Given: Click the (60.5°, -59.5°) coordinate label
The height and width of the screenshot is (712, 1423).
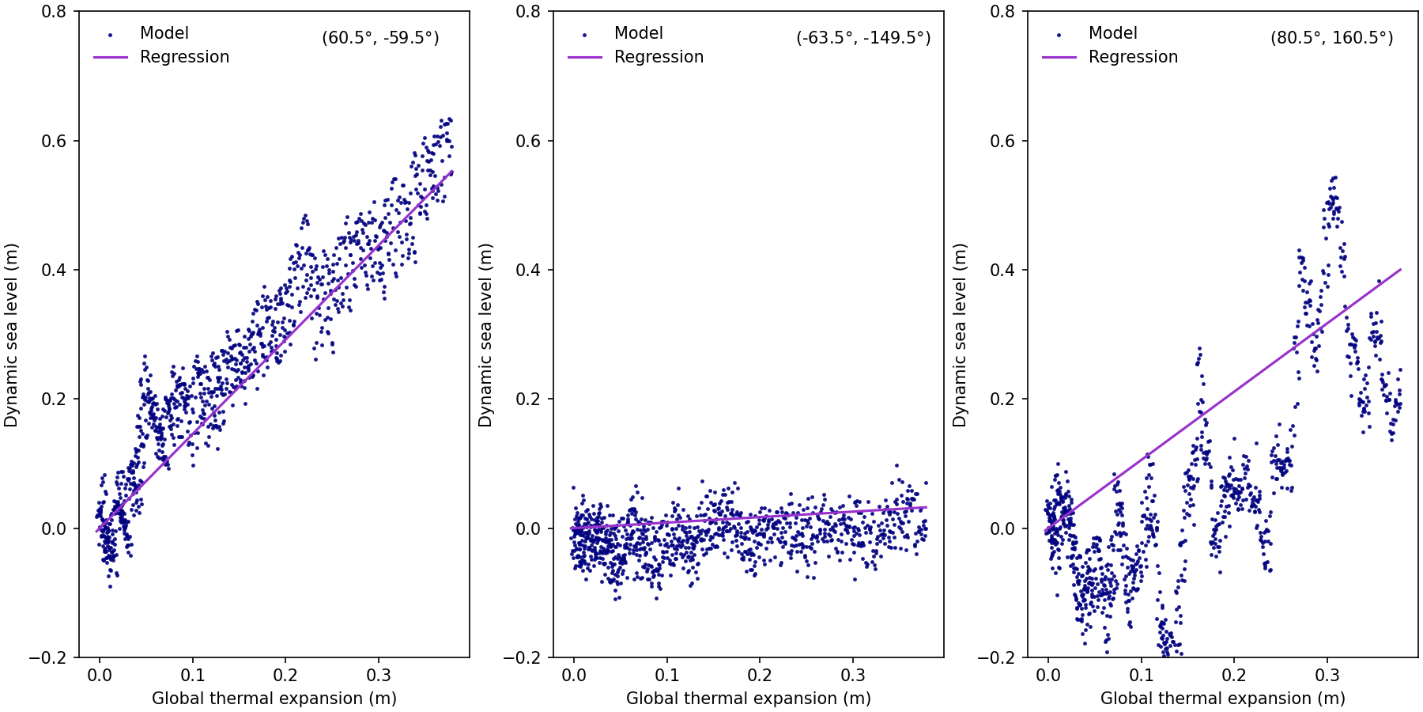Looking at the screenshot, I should point(380,38).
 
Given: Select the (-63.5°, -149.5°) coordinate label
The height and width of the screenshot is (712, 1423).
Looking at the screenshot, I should point(863,38).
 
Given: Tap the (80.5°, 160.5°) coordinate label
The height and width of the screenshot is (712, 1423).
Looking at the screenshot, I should point(1331,38).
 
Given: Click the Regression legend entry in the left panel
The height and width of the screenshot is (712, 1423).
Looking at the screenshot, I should point(184,57).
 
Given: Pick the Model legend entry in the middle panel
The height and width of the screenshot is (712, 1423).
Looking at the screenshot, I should point(638,33).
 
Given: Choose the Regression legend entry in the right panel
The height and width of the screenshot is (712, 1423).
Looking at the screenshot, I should point(1133,57).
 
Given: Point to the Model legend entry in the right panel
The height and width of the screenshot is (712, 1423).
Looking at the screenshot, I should point(1112,33).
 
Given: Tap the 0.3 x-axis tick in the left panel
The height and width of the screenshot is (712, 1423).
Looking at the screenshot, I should point(379,676).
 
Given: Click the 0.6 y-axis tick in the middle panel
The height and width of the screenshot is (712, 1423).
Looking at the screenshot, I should point(528,141).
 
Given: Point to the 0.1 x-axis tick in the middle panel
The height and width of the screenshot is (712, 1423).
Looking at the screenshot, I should point(666,676).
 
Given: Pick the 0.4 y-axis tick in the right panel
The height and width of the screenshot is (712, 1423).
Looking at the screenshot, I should point(1002,270).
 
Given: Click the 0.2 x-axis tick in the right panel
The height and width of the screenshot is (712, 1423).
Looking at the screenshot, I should point(1234,676).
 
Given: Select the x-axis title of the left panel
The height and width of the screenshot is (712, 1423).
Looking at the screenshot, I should point(274,699).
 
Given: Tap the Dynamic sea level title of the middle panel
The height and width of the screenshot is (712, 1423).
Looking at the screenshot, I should point(485,335).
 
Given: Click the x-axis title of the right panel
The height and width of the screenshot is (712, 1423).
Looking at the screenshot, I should point(1223,699).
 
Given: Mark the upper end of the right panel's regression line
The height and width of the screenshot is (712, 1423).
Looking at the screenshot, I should point(1401,270).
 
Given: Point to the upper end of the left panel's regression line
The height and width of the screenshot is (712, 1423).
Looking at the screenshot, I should point(452,170).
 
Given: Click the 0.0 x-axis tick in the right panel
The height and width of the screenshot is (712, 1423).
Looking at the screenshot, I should point(1047,676).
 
